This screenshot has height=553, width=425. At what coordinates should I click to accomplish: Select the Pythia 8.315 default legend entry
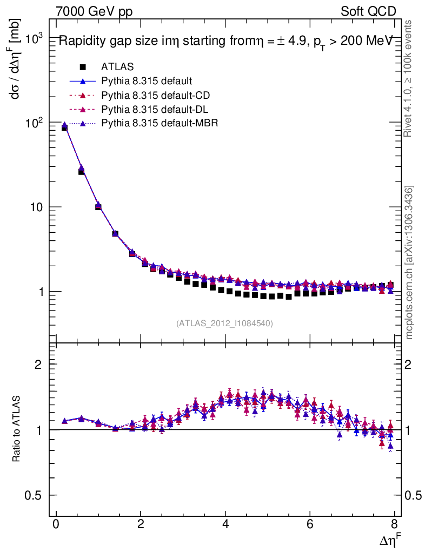click(147, 82)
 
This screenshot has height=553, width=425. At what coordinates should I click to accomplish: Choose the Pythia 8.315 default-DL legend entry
click(155, 110)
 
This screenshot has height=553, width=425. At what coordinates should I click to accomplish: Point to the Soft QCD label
click(368, 11)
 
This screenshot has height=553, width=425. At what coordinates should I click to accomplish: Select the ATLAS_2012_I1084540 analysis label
click(224, 323)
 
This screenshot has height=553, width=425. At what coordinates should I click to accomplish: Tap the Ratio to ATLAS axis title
click(17, 429)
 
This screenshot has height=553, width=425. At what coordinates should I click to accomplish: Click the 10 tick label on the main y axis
click(35, 208)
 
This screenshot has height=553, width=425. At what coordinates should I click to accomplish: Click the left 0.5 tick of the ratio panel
click(36, 495)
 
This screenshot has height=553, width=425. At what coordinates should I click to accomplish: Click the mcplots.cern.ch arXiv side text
click(410, 262)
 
